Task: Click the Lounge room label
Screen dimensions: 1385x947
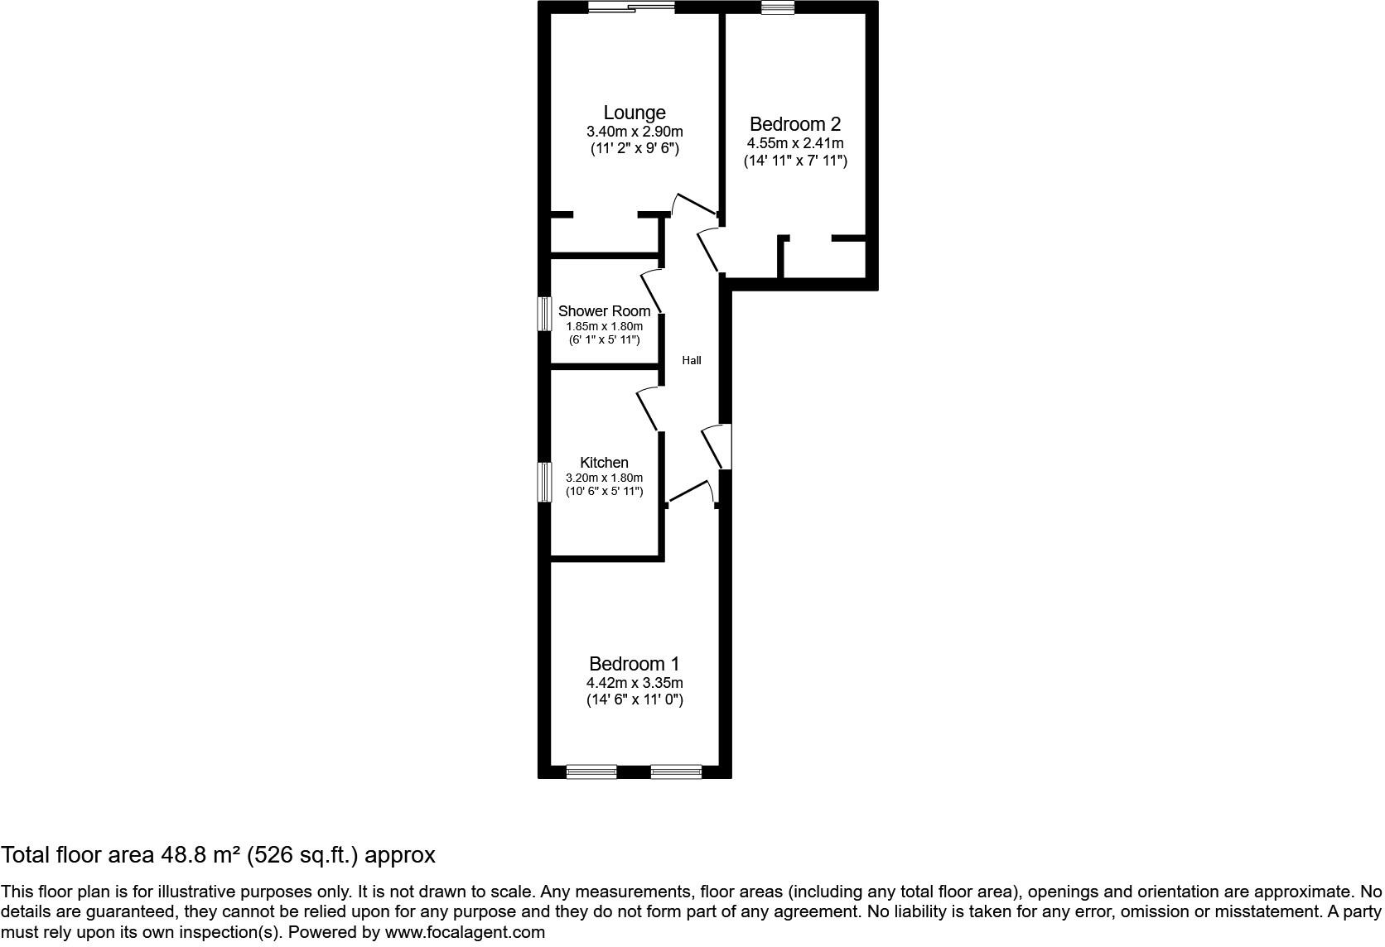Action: click(634, 113)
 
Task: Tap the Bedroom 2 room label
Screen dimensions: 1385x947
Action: click(794, 124)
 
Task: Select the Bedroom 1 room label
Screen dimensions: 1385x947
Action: click(634, 664)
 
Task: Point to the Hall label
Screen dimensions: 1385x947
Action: click(691, 360)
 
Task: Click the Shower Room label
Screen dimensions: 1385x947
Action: click(604, 311)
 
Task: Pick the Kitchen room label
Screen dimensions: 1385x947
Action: click(604, 463)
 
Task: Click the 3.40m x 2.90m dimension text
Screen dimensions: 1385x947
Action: click(634, 132)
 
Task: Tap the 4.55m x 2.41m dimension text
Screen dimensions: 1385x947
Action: click(794, 143)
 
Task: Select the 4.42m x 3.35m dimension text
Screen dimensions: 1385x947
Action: click(634, 683)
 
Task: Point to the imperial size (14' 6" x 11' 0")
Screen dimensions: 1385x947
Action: click(634, 700)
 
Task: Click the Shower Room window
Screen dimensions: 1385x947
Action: click(544, 314)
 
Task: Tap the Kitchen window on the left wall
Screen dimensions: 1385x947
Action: click(544, 482)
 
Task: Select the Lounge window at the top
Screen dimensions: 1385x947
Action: click(631, 8)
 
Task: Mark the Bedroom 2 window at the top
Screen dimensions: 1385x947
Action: click(777, 8)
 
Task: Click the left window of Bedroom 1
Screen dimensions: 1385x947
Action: click(591, 772)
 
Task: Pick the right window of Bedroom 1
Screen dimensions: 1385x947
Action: click(676, 772)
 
